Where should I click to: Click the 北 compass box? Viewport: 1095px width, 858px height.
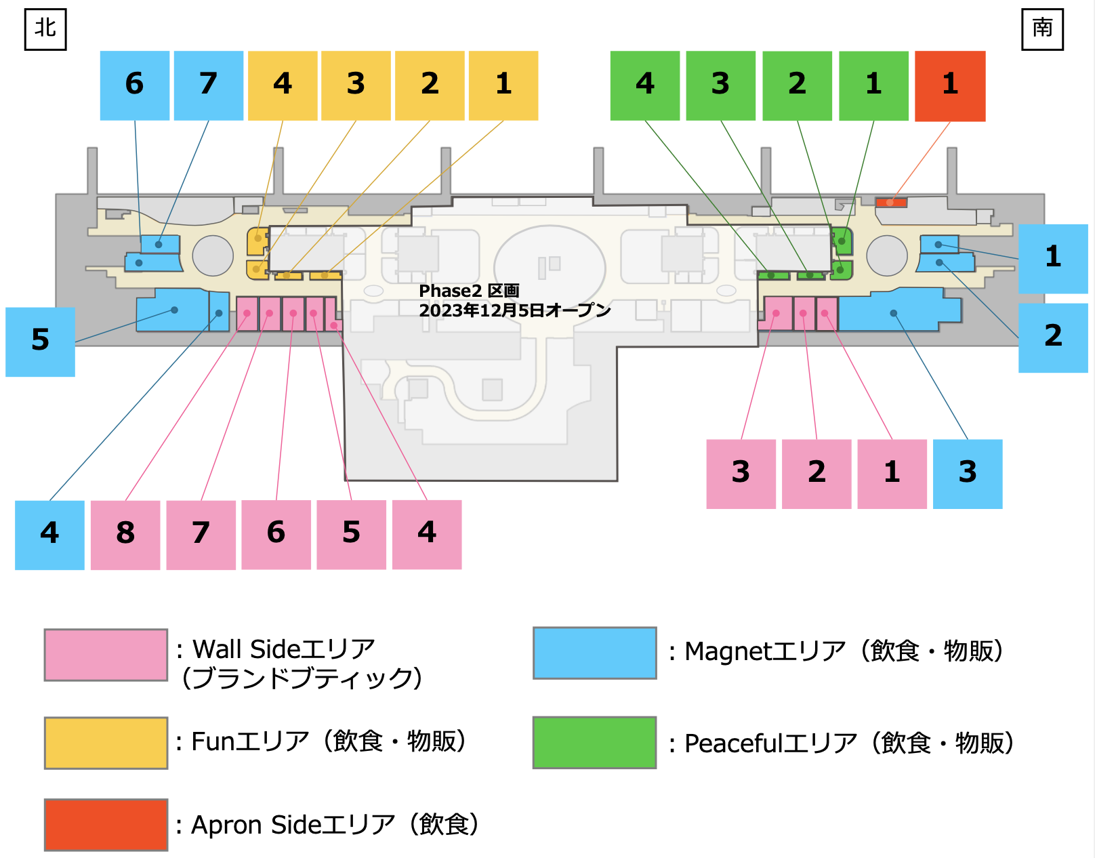pos(45,29)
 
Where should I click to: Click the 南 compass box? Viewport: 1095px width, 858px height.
pos(1042,29)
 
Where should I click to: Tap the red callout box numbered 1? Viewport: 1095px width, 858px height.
pos(950,86)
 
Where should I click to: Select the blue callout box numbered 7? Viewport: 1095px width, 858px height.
pos(208,85)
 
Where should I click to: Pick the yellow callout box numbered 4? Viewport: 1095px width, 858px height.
pos(283,85)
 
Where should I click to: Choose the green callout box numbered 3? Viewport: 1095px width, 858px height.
pos(720,85)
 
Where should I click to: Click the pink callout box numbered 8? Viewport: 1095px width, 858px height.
pos(125,535)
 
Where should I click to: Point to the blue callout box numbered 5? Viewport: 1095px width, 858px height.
pos(40,342)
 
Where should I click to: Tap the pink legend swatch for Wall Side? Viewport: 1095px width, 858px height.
pos(106,655)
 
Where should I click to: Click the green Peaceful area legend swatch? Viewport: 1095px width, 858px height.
pos(594,742)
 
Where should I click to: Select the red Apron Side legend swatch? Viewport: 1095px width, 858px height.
pos(106,824)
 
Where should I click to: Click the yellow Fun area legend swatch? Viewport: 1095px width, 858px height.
pos(106,743)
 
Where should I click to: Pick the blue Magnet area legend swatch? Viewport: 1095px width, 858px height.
pos(594,653)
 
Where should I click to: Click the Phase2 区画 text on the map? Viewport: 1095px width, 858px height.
pos(469,291)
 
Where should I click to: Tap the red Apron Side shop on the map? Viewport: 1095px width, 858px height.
pos(890,202)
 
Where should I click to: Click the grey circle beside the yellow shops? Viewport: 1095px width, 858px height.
pos(213,256)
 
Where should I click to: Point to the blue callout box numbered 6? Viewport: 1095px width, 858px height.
pos(135,85)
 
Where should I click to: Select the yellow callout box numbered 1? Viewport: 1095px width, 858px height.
pos(503,85)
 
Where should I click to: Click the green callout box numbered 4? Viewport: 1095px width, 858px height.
pos(644,85)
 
